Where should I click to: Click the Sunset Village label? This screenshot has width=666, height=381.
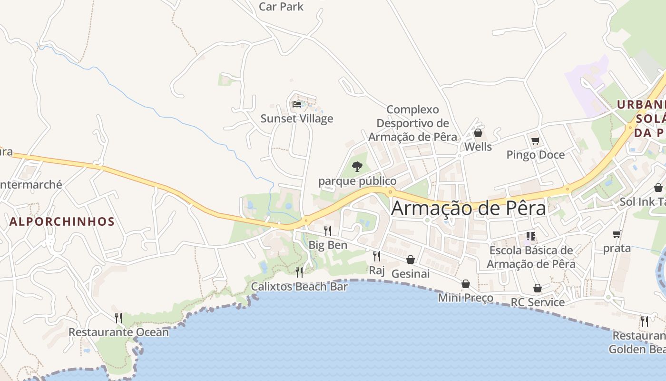point(297,119)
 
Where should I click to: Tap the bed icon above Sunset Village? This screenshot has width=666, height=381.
point(297,104)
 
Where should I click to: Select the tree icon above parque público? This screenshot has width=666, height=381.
point(357,167)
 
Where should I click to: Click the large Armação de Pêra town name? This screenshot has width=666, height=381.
point(469,209)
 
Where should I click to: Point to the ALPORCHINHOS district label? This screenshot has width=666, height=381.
point(62,221)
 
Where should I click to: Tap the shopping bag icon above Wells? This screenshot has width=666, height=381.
point(478,133)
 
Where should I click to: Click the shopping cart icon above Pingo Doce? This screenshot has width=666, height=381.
point(536,140)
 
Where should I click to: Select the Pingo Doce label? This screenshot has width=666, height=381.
point(536,155)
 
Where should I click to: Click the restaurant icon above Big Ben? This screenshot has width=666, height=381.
point(328,231)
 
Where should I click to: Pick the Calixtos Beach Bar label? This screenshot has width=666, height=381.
point(299,287)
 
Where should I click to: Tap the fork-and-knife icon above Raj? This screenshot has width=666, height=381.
point(377,256)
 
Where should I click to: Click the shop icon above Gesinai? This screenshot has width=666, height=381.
point(411,260)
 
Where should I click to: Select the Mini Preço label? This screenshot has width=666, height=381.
point(466,298)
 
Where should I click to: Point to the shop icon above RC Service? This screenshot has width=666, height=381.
point(538,288)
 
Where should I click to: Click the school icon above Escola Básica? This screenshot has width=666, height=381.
point(531,236)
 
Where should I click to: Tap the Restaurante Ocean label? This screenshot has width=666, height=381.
point(118,332)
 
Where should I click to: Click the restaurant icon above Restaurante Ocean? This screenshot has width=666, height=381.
point(118,318)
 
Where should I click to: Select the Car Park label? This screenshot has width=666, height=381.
point(281,7)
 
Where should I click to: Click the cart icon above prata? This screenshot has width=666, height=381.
point(617,234)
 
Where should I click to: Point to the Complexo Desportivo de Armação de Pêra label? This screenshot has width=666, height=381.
point(412,123)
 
